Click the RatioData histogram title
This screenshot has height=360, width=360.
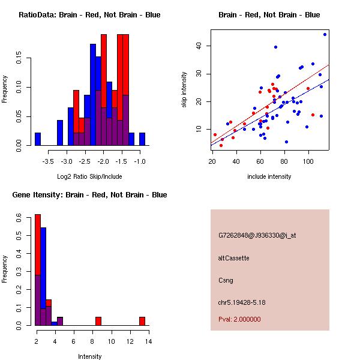pyautogui.click(x=89, y=15)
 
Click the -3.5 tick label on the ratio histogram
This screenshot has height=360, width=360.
pyautogui.click(x=48, y=161)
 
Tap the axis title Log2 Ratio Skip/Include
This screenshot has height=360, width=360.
pyautogui.click(x=89, y=176)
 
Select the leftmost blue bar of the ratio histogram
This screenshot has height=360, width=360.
pyautogui.click(x=38, y=139)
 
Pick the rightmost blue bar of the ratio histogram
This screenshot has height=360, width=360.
pyautogui.click(x=142, y=139)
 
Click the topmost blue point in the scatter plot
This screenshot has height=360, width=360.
pyautogui.click(x=325, y=34)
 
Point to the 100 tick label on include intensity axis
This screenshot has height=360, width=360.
pyautogui.click(x=308, y=161)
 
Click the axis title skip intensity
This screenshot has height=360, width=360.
pyautogui.click(x=184, y=89)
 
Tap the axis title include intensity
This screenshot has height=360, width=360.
pyautogui.click(x=269, y=176)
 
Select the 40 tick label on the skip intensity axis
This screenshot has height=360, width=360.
pyautogui.click(x=199, y=46)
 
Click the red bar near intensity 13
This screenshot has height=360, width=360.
pyautogui.click(x=142, y=321)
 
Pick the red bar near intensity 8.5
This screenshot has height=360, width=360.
pyautogui.click(x=98, y=321)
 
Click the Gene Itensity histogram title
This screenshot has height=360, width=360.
pyautogui.click(x=89, y=195)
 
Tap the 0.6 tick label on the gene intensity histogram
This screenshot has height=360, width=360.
pyautogui.click(x=19, y=217)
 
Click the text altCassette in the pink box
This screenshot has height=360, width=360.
pyautogui.click(x=234, y=258)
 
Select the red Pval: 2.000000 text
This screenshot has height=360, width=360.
pyautogui.click(x=239, y=319)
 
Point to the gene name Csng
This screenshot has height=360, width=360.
pyautogui.click(x=226, y=281)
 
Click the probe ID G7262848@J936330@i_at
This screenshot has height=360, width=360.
pyautogui.click(x=257, y=236)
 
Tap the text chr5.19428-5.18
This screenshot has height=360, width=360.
pyautogui.click(x=242, y=302)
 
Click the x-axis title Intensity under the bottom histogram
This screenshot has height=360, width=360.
pyautogui.click(x=89, y=356)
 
